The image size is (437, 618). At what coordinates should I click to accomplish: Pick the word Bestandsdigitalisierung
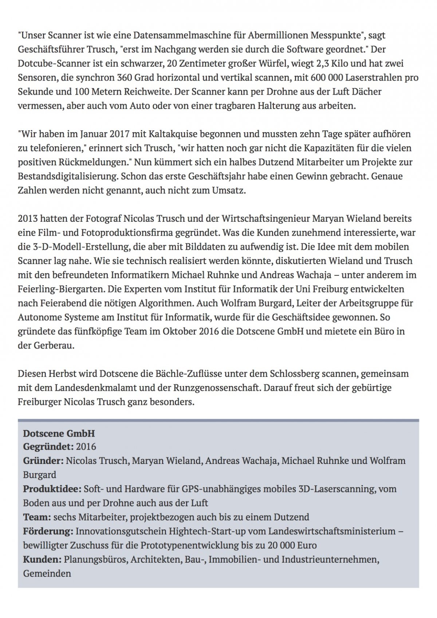[x=68, y=177]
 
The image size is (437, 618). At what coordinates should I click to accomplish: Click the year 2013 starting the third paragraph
[x=27, y=219]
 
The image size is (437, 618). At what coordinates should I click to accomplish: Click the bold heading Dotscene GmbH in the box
[x=59, y=433]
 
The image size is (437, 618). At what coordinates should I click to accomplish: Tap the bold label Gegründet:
[x=48, y=446]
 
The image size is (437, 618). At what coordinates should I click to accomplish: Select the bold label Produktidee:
[x=52, y=489]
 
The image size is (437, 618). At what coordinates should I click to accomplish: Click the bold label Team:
[x=37, y=517]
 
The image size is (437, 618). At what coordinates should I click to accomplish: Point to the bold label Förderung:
[x=48, y=531]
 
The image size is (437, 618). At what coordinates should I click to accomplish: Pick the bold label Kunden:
[x=42, y=559]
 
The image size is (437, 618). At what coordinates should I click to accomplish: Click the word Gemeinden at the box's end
[x=47, y=574]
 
